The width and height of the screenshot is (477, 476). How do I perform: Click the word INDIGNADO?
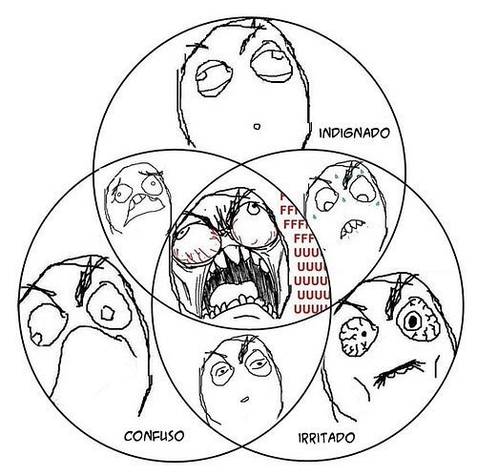point(354,133)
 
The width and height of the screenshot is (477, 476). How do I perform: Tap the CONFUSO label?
point(155,436)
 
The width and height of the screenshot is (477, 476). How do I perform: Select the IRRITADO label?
point(326,438)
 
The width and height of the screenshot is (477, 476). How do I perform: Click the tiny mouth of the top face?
point(257,127)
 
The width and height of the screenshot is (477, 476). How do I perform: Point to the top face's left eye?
point(214,78)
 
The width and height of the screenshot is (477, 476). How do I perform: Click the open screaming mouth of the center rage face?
point(236,283)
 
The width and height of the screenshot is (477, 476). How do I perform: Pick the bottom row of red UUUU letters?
point(311,309)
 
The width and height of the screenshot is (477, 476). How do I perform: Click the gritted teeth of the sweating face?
point(352,228)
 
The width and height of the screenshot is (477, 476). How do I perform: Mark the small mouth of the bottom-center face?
point(244,399)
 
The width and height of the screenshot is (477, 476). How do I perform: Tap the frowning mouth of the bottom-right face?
point(398,371)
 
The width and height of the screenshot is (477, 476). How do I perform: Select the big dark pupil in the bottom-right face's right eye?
point(412,321)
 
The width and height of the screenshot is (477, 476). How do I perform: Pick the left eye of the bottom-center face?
point(222,371)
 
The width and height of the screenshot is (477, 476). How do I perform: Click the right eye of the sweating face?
point(363,189)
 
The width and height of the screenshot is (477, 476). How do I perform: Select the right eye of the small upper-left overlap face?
point(153,183)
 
